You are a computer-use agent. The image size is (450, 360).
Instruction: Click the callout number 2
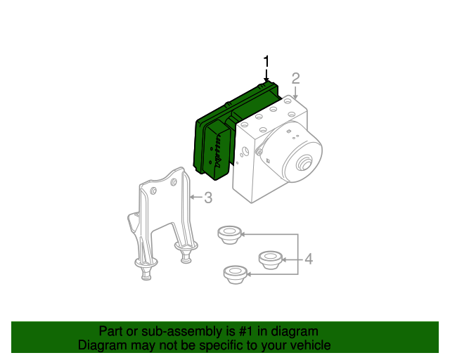(x=296, y=78)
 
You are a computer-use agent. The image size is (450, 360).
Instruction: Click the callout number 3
(x=208, y=198)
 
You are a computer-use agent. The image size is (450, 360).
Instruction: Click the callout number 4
(x=308, y=260)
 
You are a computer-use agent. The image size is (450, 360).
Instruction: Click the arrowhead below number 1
(x=266, y=82)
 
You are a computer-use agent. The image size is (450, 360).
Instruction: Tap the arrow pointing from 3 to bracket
(x=195, y=198)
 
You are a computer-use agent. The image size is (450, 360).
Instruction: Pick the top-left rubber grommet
(x=229, y=233)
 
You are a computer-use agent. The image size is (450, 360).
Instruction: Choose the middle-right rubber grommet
(x=271, y=259)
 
